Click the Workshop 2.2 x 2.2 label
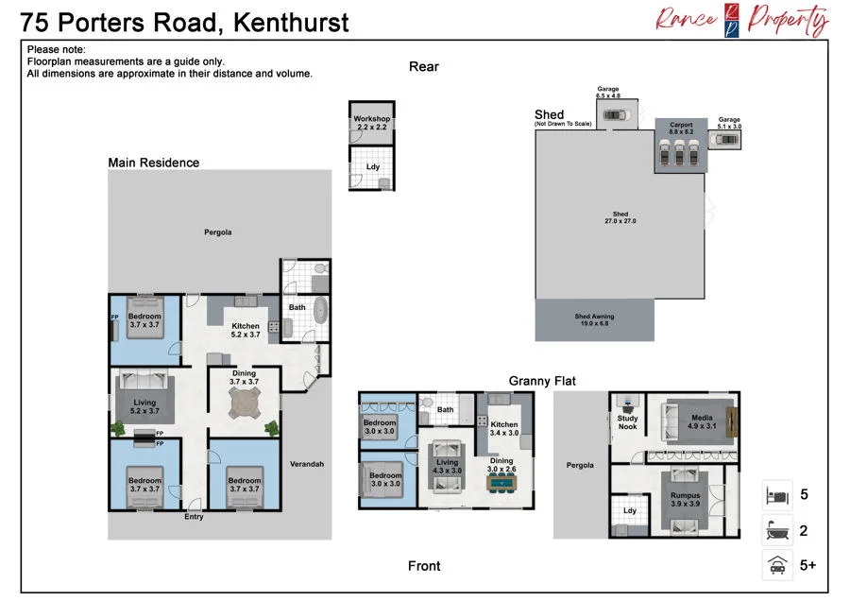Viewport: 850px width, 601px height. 372,123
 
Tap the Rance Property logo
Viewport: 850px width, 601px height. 741,21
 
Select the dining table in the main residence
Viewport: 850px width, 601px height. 245,403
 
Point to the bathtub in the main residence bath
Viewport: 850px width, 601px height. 321,310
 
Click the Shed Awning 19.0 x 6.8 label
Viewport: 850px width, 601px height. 595,319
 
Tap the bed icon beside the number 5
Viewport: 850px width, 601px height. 777,494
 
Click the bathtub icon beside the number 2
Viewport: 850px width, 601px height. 777,530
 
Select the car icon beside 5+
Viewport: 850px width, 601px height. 778,565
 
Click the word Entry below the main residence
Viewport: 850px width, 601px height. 194,516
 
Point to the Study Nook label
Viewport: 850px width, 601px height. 628,422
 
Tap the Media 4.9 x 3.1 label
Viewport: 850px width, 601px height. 702,421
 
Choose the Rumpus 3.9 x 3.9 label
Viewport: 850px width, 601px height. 686,499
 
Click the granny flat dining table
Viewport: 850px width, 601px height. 501,482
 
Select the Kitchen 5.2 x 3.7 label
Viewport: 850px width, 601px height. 246,330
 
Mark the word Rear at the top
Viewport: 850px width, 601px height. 424,66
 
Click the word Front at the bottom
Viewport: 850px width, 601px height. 424,566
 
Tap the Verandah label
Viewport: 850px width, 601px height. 307,464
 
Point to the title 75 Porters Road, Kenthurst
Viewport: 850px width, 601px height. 184,23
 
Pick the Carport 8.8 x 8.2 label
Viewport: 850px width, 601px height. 681,128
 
